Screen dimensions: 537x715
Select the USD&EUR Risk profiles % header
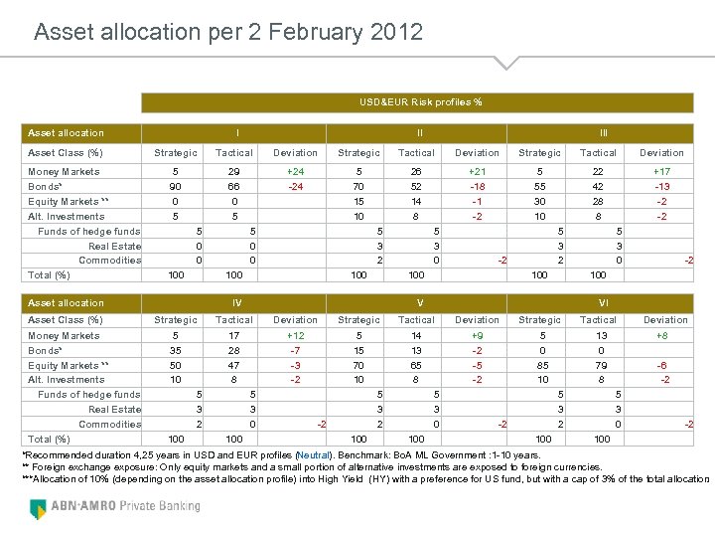(x=421, y=102)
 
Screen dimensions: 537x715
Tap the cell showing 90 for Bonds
(x=176, y=186)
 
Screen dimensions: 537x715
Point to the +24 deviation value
(x=295, y=171)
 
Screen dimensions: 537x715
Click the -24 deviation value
(x=295, y=186)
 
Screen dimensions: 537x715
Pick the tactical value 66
(x=234, y=186)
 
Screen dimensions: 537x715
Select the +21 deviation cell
(x=477, y=171)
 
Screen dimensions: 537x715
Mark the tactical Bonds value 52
(x=416, y=186)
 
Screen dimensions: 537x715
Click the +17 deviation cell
(x=661, y=171)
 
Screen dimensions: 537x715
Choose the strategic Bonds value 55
(x=539, y=186)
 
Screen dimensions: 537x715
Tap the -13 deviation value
(x=661, y=186)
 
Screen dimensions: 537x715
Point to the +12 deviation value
(x=295, y=336)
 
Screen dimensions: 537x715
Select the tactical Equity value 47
(x=234, y=365)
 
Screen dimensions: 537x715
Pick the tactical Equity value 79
(x=598, y=365)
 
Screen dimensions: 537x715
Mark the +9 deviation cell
(x=477, y=336)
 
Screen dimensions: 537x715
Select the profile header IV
(x=235, y=302)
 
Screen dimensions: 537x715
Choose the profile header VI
(x=602, y=302)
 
